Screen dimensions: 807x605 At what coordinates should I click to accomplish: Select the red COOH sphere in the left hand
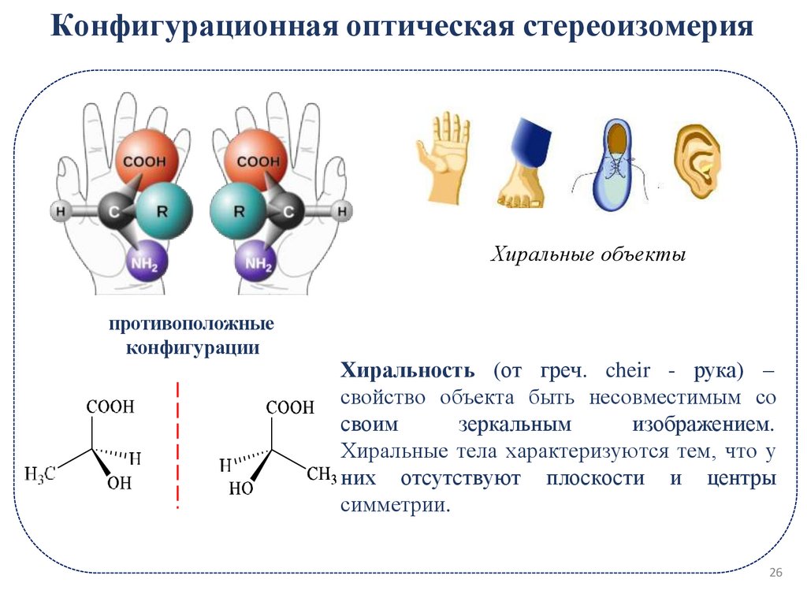point(145,163)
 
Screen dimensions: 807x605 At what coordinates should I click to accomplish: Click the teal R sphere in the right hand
point(239,211)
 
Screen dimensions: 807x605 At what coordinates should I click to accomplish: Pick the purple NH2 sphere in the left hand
point(144,262)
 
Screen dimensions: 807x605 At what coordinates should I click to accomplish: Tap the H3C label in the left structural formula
point(40,473)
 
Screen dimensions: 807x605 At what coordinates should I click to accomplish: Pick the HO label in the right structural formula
point(241,489)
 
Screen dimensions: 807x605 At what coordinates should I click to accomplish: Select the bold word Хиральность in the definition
point(407,370)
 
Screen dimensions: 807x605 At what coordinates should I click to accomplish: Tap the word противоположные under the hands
point(192,325)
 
